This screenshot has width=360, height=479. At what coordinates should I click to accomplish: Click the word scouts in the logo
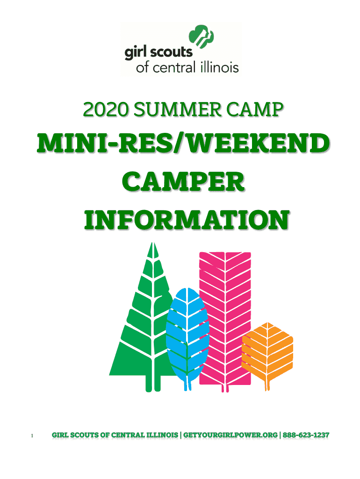(171, 52)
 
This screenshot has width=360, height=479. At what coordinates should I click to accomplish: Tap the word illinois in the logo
(220, 67)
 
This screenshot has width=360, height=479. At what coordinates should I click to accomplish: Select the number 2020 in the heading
(105, 109)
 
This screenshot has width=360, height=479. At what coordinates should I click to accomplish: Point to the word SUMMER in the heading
(177, 109)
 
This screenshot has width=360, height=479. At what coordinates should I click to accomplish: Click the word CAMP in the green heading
(255, 109)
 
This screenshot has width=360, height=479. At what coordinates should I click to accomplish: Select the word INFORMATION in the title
(187, 220)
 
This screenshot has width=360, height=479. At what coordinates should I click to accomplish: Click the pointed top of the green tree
(152, 243)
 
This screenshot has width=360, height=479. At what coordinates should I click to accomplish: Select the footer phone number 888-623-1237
(306, 435)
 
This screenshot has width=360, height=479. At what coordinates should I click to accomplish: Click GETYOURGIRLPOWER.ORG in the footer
(230, 435)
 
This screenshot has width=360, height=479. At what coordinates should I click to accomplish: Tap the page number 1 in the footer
(32, 436)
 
